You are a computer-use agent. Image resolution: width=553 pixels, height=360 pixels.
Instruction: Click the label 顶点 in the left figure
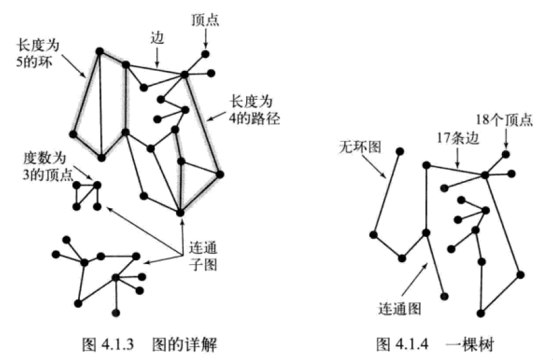coord(206,20)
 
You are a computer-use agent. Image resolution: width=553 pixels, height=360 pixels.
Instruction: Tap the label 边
coord(157,38)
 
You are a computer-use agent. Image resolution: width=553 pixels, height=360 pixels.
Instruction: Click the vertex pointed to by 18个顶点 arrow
coord(506,154)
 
